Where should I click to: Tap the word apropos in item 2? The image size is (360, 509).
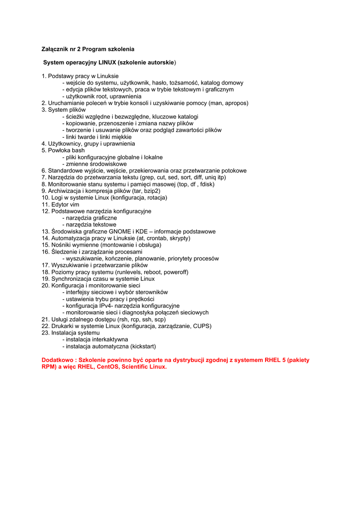point(236,103)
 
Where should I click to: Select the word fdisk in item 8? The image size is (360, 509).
point(206,184)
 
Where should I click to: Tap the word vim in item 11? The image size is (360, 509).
point(74,204)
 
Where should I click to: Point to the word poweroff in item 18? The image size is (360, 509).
point(175,272)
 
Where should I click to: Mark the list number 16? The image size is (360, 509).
point(45,252)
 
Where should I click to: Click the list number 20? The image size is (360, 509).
point(45,285)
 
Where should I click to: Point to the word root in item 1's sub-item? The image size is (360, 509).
point(100,96)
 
